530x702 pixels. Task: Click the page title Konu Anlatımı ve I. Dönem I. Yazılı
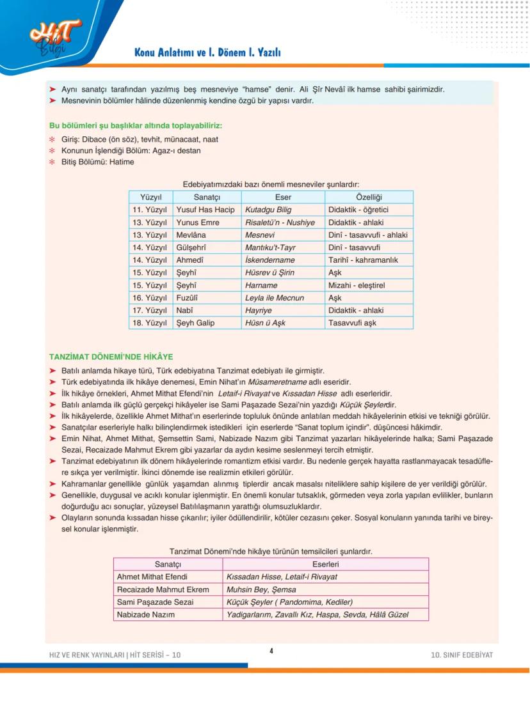207,52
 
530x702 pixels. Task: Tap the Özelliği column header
369,197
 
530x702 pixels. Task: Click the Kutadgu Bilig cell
268,210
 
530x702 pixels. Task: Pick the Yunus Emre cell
197,222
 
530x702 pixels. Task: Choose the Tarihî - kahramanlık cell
363,260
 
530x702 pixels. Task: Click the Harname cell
261,285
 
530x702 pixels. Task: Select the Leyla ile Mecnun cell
274,298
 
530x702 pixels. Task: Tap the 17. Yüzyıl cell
150,310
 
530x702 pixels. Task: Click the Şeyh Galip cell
195,323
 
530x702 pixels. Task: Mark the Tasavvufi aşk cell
352,323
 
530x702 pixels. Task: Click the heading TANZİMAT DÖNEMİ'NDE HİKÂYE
111,357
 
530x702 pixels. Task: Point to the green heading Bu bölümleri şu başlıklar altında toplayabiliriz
136,125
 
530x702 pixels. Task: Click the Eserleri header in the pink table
325,565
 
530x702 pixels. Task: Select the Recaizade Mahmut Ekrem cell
163,589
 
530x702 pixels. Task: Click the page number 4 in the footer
271,651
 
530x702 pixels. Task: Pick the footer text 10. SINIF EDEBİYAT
462,655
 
